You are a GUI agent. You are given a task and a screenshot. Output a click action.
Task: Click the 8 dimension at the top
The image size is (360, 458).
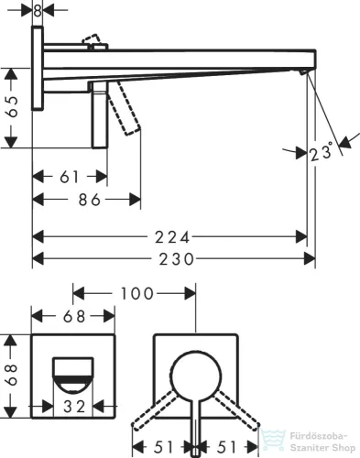click(x=38, y=11)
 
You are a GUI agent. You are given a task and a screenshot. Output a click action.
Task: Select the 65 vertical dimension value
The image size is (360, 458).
click(x=13, y=107)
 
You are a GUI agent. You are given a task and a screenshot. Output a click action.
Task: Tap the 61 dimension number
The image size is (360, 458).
click(x=70, y=177)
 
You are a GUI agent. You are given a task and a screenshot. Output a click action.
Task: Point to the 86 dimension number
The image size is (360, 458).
click(x=90, y=200)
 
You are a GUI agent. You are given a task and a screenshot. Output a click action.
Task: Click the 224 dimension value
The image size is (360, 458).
click(x=172, y=237)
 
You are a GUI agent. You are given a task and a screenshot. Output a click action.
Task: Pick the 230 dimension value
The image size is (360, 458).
click(x=177, y=259)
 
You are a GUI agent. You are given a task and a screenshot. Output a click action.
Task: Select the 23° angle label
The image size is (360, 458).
click(x=321, y=151)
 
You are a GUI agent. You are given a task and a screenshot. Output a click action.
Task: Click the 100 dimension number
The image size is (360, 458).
click(x=137, y=294)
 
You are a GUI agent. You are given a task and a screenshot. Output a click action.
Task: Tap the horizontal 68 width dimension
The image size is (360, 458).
click(x=74, y=316)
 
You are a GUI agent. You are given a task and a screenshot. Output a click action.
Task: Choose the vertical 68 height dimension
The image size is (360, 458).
click(x=13, y=375)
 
